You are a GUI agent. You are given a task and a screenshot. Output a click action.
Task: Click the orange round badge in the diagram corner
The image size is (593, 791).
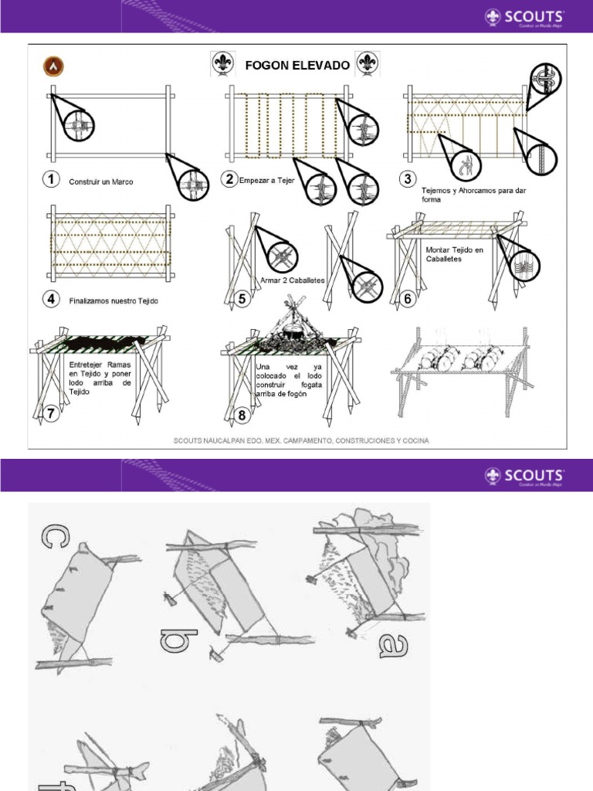(x=55, y=66)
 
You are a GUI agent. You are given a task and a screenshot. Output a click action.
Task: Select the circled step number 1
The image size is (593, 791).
(x=51, y=180)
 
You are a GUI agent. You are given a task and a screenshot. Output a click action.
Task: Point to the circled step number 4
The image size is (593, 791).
(x=51, y=300)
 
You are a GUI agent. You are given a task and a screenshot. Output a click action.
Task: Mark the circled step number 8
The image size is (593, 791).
(x=242, y=416)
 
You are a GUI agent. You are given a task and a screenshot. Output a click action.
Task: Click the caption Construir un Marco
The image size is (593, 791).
(x=101, y=182)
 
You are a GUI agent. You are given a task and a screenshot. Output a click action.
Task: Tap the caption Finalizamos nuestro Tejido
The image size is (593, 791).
(x=114, y=300)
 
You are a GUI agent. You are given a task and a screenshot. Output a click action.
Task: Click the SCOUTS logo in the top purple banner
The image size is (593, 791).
(x=525, y=17)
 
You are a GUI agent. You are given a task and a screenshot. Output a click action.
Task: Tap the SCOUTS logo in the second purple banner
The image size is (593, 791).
(x=525, y=475)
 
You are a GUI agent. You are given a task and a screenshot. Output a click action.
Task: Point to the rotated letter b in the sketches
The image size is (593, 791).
(x=169, y=640)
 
